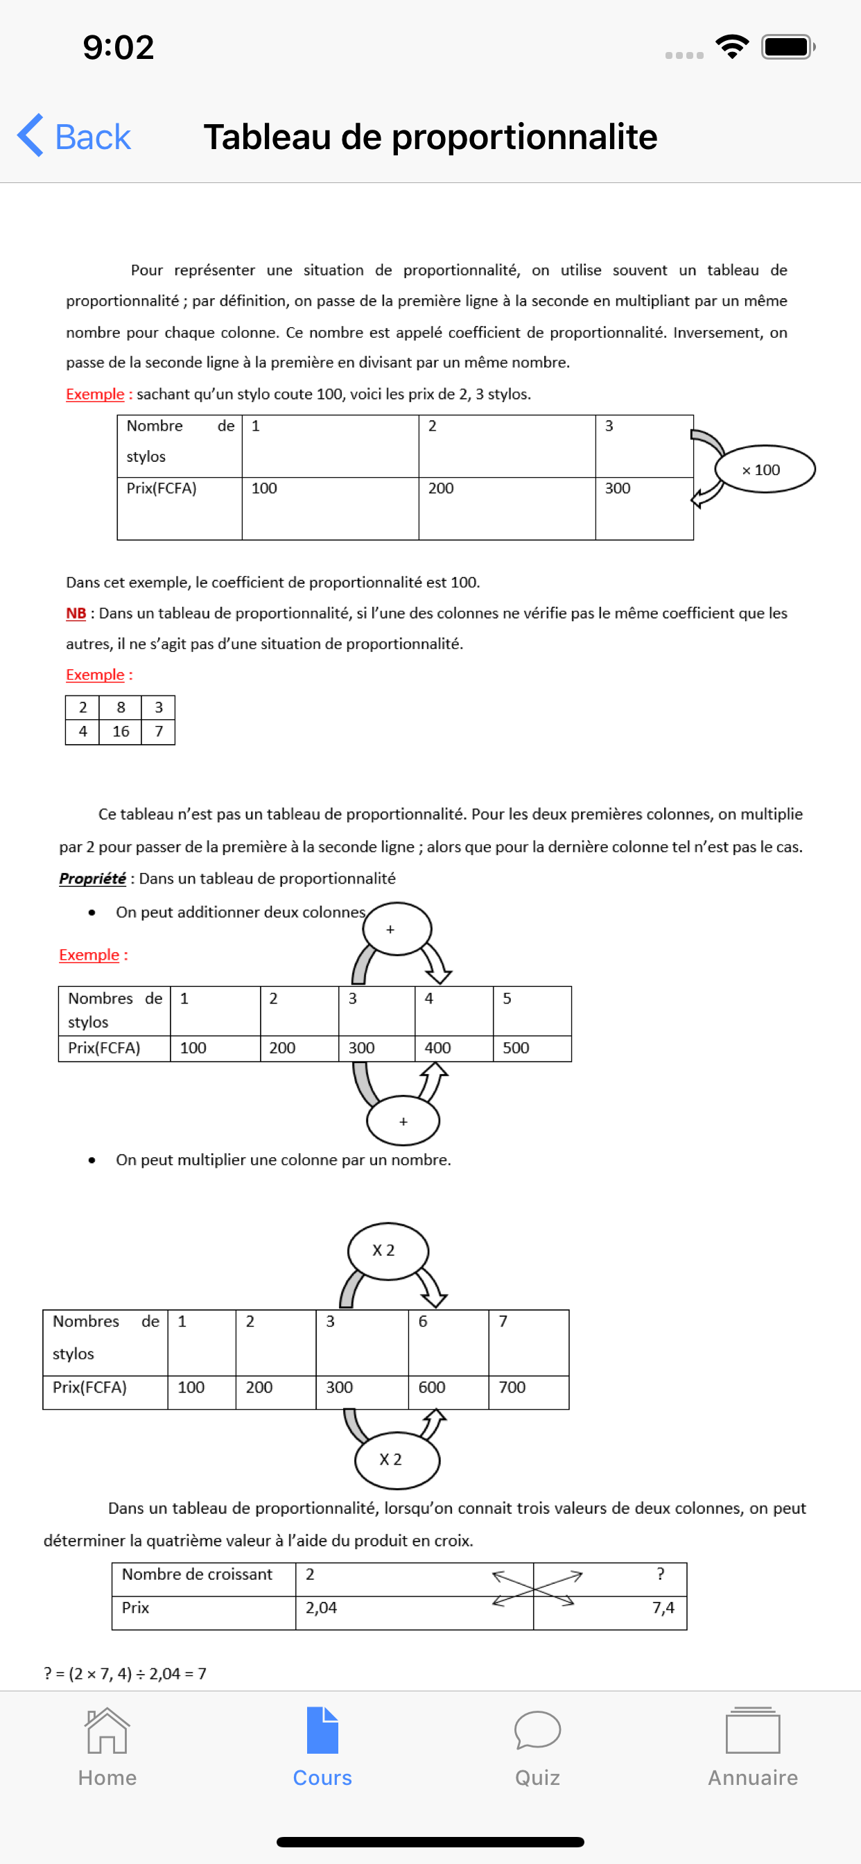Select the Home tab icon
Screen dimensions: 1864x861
(x=107, y=1731)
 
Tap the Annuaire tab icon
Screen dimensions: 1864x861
(x=752, y=1731)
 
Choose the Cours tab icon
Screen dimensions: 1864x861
(x=322, y=1731)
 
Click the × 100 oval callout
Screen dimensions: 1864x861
(x=764, y=469)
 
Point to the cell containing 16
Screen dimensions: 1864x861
(x=121, y=732)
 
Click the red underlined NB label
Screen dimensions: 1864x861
(x=76, y=614)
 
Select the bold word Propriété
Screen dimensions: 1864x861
(x=93, y=879)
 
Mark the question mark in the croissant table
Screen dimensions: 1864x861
(x=660, y=1574)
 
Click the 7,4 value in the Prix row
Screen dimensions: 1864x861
(x=663, y=1608)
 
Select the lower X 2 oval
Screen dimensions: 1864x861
(x=396, y=1460)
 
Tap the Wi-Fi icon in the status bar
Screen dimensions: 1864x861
(x=731, y=47)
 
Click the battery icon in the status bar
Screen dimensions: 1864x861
(x=788, y=47)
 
